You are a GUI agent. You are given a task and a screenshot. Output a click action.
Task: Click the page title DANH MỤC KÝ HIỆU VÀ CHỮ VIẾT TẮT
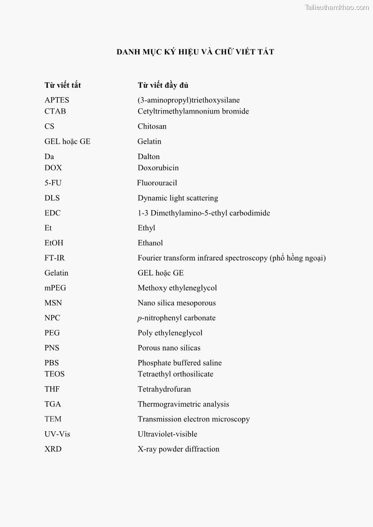click(x=195, y=52)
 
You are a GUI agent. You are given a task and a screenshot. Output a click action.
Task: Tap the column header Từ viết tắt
click(x=62, y=85)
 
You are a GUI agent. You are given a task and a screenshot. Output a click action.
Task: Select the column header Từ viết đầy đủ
click(x=163, y=85)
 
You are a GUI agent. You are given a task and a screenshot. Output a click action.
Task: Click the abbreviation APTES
click(x=57, y=100)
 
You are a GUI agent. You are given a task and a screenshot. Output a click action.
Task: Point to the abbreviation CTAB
click(x=55, y=111)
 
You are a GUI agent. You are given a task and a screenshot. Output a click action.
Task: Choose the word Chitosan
click(x=152, y=126)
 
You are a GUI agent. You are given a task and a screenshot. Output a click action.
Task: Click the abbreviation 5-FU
click(x=53, y=183)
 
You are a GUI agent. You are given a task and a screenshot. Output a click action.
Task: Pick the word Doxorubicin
click(x=158, y=168)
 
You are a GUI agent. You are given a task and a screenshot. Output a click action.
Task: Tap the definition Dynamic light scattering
click(x=178, y=198)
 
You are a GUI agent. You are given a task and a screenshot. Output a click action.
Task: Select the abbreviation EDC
click(x=53, y=213)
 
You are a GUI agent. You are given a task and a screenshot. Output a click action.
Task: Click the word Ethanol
click(x=150, y=243)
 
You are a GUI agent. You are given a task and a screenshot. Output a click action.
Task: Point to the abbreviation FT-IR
click(x=54, y=258)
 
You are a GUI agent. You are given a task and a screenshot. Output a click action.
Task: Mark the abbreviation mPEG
click(x=55, y=288)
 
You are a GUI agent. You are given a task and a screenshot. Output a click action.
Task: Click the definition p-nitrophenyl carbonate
click(x=176, y=318)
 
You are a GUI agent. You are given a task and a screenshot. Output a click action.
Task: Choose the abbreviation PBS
click(x=52, y=363)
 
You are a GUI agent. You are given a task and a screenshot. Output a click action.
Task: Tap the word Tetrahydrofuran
click(x=164, y=389)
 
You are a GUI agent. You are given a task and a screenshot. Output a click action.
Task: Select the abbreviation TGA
click(x=53, y=404)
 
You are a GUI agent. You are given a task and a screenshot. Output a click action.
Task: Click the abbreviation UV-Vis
click(x=57, y=434)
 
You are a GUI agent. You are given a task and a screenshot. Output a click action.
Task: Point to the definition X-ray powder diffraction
click(x=178, y=449)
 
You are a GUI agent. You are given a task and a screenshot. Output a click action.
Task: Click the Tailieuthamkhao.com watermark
click(x=336, y=7)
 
